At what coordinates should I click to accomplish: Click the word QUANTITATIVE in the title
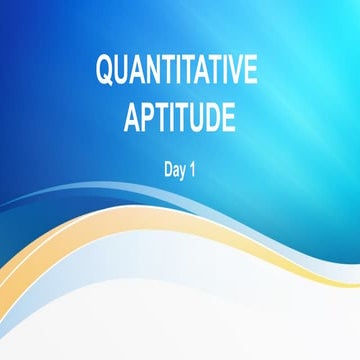pos(176,73)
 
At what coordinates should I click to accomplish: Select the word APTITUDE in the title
pos(180,118)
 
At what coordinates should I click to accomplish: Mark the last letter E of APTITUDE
pos(230,118)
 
